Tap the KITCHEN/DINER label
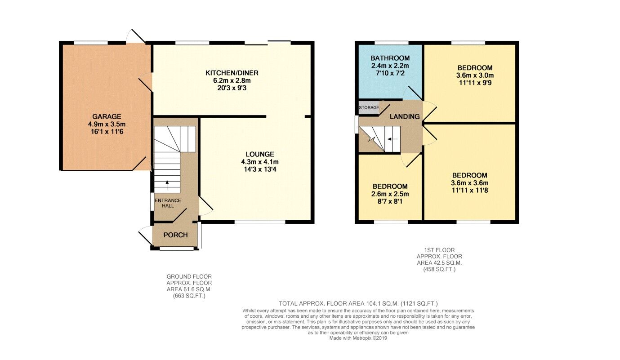pos(232,73)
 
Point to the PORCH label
pos(175,235)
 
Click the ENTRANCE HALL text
pos(168,203)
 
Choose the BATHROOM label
pos(390,58)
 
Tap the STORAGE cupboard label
pos(369,108)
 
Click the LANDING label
pos(404,116)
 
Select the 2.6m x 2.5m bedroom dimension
pos(390,194)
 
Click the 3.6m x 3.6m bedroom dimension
pos(469,183)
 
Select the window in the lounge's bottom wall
pos(260,222)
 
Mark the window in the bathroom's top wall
pos(392,43)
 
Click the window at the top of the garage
pos(91,43)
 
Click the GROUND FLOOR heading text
pos(189,276)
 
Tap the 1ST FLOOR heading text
pos(439,250)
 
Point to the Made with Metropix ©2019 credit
pos(358,338)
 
